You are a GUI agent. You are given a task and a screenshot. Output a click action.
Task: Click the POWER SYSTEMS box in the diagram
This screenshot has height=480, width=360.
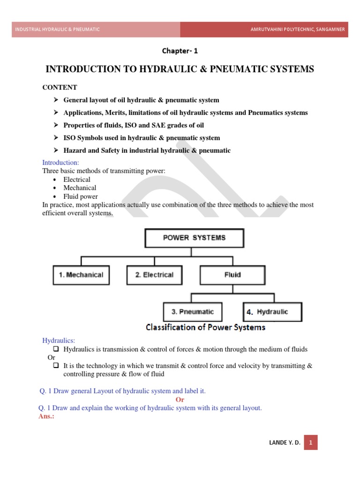tap(194, 238)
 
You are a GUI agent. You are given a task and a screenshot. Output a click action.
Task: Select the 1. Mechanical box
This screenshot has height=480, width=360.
tap(81, 275)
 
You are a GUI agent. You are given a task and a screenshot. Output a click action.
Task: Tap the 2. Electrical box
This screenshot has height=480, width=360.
tap(154, 275)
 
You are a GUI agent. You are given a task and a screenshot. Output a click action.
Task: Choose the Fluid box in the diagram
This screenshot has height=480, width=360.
tap(232, 275)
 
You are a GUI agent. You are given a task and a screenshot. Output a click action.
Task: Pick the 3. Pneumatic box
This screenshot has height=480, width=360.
tap(193, 312)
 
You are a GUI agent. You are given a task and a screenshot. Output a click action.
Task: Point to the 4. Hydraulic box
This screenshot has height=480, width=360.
tap(272, 312)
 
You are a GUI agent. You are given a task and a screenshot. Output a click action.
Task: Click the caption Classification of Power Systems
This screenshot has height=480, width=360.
tap(205, 327)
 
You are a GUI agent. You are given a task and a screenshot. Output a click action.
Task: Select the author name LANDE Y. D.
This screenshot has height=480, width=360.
tap(285, 442)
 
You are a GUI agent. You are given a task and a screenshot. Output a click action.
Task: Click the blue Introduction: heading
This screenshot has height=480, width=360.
tap(61, 163)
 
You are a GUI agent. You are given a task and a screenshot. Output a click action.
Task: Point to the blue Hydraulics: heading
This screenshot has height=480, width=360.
tap(59, 340)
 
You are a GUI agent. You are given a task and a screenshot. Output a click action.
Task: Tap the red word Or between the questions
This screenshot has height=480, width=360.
tap(180, 399)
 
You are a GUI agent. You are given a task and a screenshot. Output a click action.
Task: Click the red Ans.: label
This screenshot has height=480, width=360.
tap(46, 416)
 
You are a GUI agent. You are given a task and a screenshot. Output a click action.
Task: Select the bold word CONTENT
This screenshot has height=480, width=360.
tap(60, 88)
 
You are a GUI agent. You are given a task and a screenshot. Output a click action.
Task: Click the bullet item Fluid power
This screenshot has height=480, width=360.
tap(81, 196)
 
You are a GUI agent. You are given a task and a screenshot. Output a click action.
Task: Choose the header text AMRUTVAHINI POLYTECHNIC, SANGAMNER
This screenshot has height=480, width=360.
tap(298, 30)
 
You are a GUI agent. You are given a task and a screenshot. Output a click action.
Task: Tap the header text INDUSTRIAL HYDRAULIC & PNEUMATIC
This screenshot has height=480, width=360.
tap(58, 30)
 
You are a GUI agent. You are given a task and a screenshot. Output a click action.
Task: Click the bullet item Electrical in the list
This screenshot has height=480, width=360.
tap(77, 180)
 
